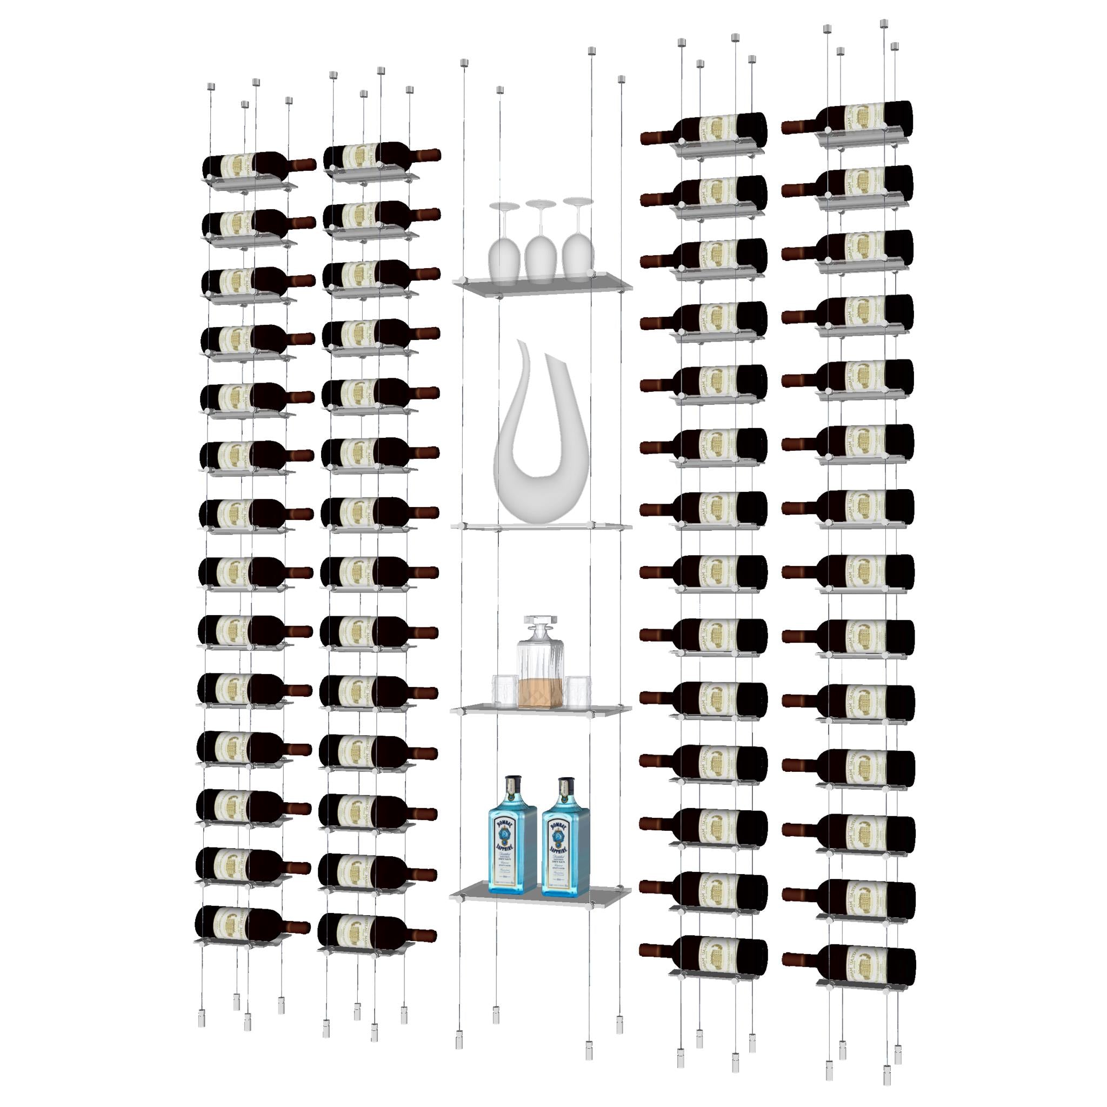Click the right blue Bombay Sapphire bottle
[565, 838]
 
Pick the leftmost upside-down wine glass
[504, 252]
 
